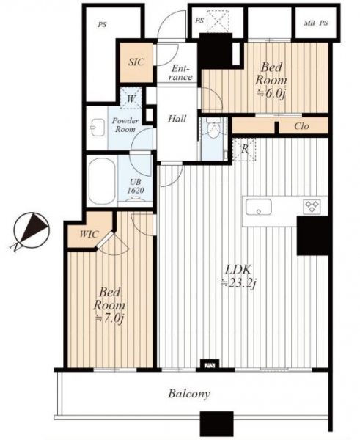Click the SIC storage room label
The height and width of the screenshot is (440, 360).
(136, 62)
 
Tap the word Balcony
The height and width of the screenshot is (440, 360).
(189, 394)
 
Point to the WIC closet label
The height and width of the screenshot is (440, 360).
(89, 234)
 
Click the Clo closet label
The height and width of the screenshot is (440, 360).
(302, 126)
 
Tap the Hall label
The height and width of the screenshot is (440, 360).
(177, 119)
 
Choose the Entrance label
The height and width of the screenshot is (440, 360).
(180, 73)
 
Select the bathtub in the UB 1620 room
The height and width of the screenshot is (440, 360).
(102, 181)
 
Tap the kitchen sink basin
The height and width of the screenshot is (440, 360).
(259, 207)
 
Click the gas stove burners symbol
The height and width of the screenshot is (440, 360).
(312, 206)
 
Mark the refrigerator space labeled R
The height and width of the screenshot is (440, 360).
(245, 150)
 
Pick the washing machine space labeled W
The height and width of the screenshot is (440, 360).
(131, 98)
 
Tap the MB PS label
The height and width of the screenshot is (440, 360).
(316, 23)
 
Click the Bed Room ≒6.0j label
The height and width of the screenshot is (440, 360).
(271, 80)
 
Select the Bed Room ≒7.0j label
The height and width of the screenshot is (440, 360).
(109, 305)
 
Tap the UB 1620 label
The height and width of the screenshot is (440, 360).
(136, 186)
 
